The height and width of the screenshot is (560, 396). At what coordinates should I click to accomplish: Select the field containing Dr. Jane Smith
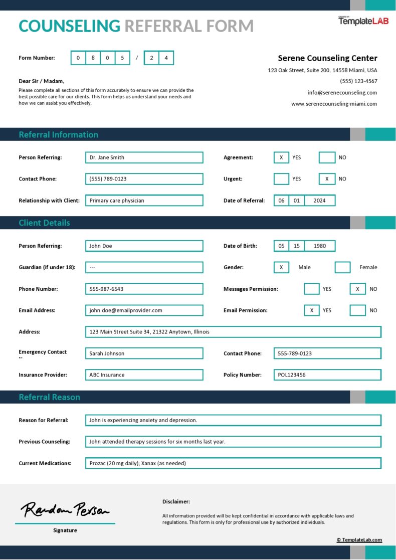144,157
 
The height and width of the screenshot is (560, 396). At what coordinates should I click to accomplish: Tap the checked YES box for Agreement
281,157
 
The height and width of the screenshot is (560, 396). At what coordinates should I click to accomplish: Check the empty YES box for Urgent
281,179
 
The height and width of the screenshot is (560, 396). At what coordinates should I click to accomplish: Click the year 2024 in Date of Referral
319,201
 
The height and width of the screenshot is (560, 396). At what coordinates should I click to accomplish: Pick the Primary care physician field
144,201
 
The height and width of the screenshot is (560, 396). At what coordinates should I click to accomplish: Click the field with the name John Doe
144,246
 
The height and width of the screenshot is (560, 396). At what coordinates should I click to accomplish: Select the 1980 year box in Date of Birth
319,246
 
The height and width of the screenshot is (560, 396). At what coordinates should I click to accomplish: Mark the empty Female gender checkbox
342,267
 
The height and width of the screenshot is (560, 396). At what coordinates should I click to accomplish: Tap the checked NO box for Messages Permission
357,289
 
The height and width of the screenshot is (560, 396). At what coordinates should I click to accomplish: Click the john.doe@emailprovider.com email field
144,310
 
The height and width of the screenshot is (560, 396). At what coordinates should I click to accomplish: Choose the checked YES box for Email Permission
311,310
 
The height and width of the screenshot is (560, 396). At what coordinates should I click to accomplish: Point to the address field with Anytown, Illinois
233,332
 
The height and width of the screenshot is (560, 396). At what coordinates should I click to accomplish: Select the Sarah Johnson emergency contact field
144,353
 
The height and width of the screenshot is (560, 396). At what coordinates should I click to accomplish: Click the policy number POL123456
327,375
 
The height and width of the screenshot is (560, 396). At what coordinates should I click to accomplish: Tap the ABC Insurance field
144,375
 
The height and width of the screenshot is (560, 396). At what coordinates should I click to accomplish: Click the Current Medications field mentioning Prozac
233,463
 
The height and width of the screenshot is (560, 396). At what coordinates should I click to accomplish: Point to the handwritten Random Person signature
65,510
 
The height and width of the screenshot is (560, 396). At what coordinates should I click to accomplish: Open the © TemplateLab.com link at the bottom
359,540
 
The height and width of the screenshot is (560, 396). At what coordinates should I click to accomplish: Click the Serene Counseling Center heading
327,58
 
